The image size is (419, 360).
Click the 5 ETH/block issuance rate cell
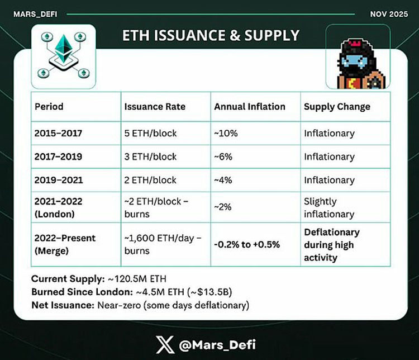point(150,133)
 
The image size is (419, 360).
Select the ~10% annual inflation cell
point(226,133)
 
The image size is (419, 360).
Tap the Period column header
point(49,106)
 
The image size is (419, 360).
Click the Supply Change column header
point(337,107)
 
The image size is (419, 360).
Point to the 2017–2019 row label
point(58,157)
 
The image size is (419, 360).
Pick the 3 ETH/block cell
point(150,157)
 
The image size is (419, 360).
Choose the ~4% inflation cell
point(223,180)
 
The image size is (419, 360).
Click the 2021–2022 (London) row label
point(58,207)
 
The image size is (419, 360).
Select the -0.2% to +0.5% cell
point(247,244)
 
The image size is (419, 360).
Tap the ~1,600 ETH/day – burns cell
point(163,244)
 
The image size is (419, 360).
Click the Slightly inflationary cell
point(329,207)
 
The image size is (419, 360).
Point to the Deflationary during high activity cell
point(332,245)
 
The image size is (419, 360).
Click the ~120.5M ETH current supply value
point(137,279)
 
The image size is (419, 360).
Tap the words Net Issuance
point(63,305)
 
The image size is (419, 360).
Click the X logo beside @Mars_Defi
point(165,344)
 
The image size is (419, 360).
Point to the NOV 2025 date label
point(389,14)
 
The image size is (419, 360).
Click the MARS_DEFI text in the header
point(35,14)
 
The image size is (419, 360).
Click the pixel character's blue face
point(355,61)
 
